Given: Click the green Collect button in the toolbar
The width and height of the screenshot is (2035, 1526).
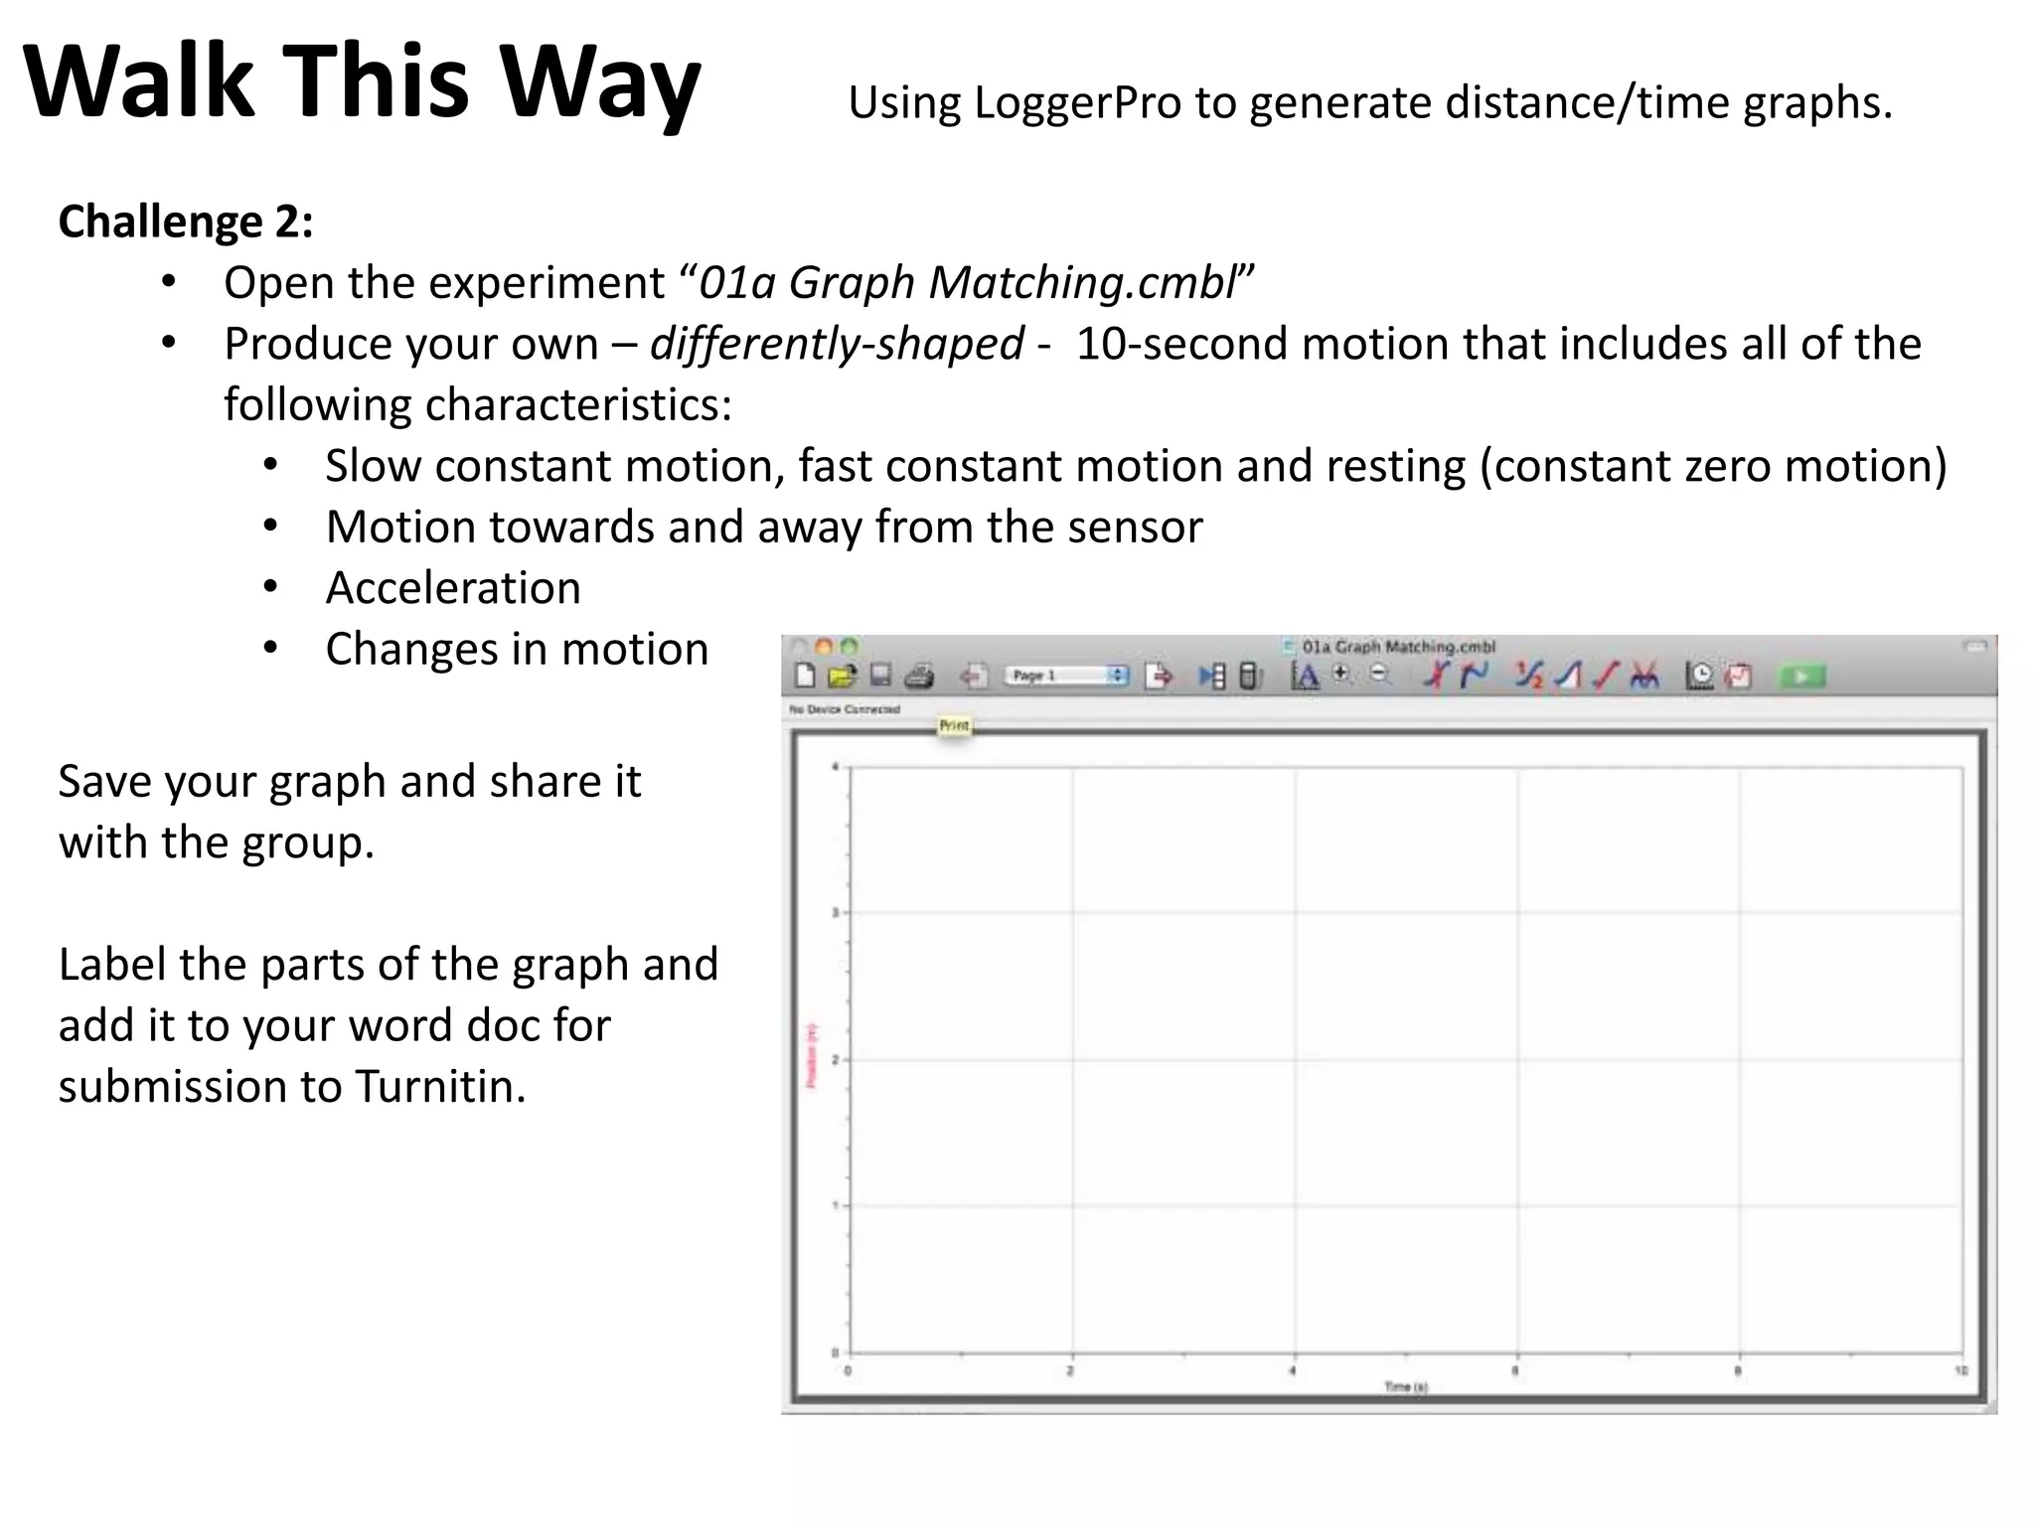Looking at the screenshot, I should pyautogui.click(x=1801, y=677).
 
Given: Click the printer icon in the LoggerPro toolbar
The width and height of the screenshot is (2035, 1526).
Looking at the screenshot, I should pyautogui.click(x=919, y=677).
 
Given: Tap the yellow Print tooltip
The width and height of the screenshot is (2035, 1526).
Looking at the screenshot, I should pyautogui.click(x=954, y=726).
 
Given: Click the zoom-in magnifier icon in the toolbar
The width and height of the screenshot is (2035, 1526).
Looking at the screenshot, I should pyautogui.click(x=1341, y=674).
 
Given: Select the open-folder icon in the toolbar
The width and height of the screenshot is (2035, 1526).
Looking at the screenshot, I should pyautogui.click(x=842, y=677).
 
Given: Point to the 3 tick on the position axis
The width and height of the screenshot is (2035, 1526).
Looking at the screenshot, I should pyautogui.click(x=836, y=912).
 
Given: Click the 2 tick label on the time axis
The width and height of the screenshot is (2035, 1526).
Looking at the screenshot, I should pyautogui.click(x=1070, y=1372).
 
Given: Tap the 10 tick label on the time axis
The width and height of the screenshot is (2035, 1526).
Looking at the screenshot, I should pyautogui.click(x=1960, y=1372).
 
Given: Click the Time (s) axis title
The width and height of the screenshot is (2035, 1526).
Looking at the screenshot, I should pyautogui.click(x=1406, y=1387).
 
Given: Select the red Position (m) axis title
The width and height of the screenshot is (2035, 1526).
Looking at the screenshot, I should pyautogui.click(x=812, y=1055).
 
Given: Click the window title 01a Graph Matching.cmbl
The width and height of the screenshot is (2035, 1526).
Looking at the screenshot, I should pyautogui.click(x=1398, y=647).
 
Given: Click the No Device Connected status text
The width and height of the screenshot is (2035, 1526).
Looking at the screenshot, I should pyautogui.click(x=845, y=709).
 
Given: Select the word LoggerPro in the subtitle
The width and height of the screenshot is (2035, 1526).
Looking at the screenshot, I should pyautogui.click(x=1078, y=103).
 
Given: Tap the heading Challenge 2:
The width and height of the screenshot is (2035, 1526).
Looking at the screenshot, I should pyautogui.click(x=186, y=222).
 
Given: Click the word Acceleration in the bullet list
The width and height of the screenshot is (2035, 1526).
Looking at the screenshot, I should pyautogui.click(x=453, y=588).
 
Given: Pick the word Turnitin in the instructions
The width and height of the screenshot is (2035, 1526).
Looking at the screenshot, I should pyautogui.click(x=440, y=1087).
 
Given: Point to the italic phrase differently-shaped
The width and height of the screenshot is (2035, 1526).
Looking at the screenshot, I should pyautogui.click(x=837, y=345).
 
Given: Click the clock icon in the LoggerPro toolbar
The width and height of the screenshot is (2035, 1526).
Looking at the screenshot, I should pyautogui.click(x=1699, y=677).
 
